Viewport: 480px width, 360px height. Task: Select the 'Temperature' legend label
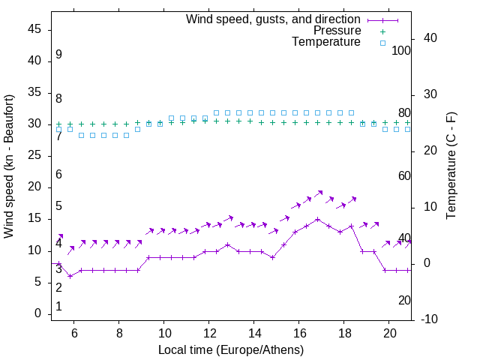pos(325,43)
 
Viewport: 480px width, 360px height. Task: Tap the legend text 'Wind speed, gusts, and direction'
pos(273,19)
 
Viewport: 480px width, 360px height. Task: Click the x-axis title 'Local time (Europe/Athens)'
pos(231,349)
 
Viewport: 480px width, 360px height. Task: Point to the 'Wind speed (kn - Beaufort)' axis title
pos(9,166)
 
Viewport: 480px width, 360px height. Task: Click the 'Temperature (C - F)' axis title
pos(451,166)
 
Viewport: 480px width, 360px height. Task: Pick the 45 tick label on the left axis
pos(34,29)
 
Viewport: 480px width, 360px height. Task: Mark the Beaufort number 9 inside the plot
pos(58,55)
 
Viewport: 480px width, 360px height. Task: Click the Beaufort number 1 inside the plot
pos(58,307)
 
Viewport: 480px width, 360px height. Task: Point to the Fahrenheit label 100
pos(401,50)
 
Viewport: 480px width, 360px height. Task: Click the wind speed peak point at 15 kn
pos(318,220)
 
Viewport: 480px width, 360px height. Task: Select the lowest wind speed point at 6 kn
pos(70,276)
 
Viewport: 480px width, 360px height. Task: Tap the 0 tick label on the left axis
pos(37,313)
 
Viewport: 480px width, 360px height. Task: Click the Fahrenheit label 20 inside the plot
pos(404,300)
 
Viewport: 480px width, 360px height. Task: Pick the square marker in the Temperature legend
pos(382,43)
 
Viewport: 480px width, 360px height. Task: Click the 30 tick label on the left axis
pos(34,124)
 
